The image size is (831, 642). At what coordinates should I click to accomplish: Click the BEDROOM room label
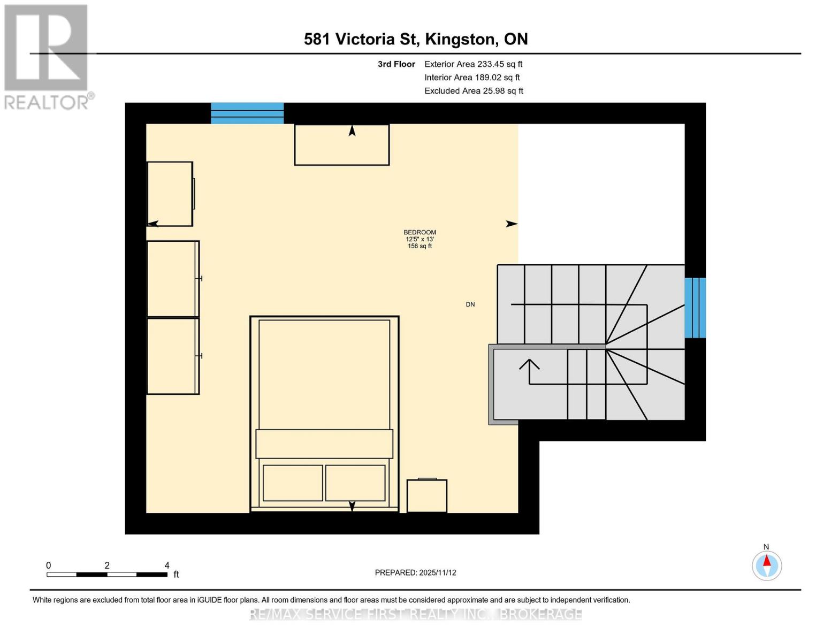[420, 233]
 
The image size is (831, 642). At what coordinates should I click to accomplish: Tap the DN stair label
[470, 304]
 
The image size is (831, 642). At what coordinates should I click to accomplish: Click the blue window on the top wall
[247, 113]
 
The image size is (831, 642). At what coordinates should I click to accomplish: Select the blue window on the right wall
[695, 308]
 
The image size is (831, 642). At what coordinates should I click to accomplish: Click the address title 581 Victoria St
[416, 39]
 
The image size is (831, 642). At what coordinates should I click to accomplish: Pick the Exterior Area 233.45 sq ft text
[473, 64]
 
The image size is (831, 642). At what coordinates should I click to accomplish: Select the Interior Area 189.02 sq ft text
[472, 78]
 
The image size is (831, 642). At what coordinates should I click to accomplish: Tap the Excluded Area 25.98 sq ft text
[474, 91]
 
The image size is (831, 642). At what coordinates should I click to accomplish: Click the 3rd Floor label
[397, 64]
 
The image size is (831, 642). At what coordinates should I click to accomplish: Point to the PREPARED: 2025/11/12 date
[415, 572]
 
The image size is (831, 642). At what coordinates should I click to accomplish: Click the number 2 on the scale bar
[107, 565]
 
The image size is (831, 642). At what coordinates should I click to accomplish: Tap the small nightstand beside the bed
[427, 496]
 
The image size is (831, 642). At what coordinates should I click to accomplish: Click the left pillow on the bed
[293, 483]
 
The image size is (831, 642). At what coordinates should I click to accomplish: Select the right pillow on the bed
[355, 483]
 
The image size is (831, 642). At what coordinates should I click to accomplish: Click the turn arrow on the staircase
[529, 367]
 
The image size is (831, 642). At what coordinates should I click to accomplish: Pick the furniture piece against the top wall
[341, 145]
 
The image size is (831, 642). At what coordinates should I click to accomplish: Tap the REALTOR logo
[47, 56]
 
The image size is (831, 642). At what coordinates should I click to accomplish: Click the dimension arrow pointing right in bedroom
[512, 224]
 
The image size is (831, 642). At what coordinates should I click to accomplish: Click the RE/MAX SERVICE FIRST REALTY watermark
[416, 614]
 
